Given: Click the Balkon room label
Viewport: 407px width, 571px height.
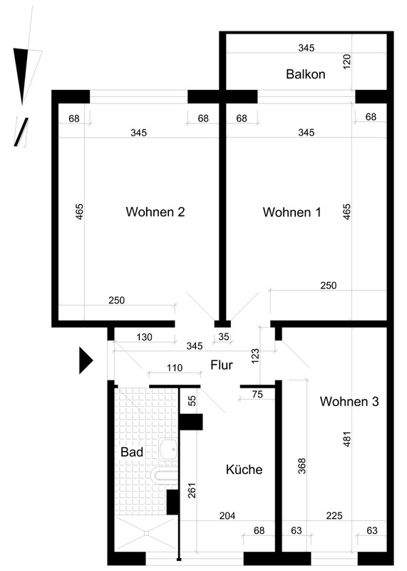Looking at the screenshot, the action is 306,74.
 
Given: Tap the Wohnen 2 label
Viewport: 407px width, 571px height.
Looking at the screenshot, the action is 155,211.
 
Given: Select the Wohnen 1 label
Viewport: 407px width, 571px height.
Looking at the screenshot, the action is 292,212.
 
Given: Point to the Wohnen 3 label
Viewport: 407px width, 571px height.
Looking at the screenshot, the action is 349,401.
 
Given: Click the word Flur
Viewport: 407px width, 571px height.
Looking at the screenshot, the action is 222,365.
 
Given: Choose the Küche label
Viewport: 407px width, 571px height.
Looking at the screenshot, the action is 244,470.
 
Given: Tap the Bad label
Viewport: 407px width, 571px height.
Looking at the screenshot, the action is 132,453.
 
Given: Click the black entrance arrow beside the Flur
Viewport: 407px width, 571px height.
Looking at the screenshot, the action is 86,360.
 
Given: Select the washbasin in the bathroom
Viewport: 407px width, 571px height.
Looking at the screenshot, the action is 168,450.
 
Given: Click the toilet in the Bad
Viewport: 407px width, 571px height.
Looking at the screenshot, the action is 164,476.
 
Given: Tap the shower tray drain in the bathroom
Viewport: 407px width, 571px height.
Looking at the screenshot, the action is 146,533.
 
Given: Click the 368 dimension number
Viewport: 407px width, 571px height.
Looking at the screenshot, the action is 302,466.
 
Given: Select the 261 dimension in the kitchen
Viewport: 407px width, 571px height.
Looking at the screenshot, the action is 192,490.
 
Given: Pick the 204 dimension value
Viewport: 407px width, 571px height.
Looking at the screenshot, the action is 227,515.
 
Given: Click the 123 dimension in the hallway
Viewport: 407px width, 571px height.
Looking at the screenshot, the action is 255,355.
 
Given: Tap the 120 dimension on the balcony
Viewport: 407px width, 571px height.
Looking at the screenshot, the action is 346,61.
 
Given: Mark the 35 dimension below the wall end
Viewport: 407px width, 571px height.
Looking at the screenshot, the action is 224,336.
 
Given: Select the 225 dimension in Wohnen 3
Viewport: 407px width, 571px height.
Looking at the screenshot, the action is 334,515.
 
